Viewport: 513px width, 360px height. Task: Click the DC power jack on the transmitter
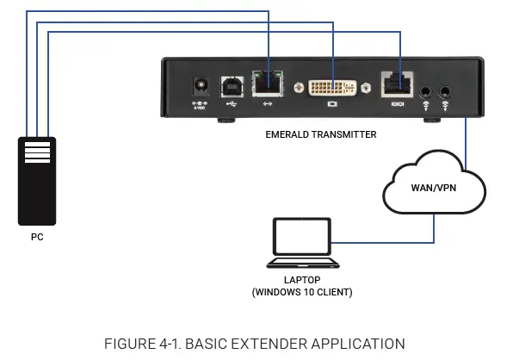coord(203,86)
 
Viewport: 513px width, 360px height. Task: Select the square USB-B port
coord(232,86)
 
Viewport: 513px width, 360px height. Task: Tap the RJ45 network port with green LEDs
coord(269,84)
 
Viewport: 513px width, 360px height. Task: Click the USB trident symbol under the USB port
coord(232,104)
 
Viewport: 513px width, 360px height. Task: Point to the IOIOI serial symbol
coord(397,105)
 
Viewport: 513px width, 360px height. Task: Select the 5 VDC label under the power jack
coord(203,105)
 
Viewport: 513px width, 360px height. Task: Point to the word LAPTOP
coord(301,280)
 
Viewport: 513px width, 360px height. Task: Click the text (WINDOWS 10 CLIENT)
coord(301,292)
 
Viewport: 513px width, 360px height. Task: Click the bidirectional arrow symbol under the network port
coord(269,104)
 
